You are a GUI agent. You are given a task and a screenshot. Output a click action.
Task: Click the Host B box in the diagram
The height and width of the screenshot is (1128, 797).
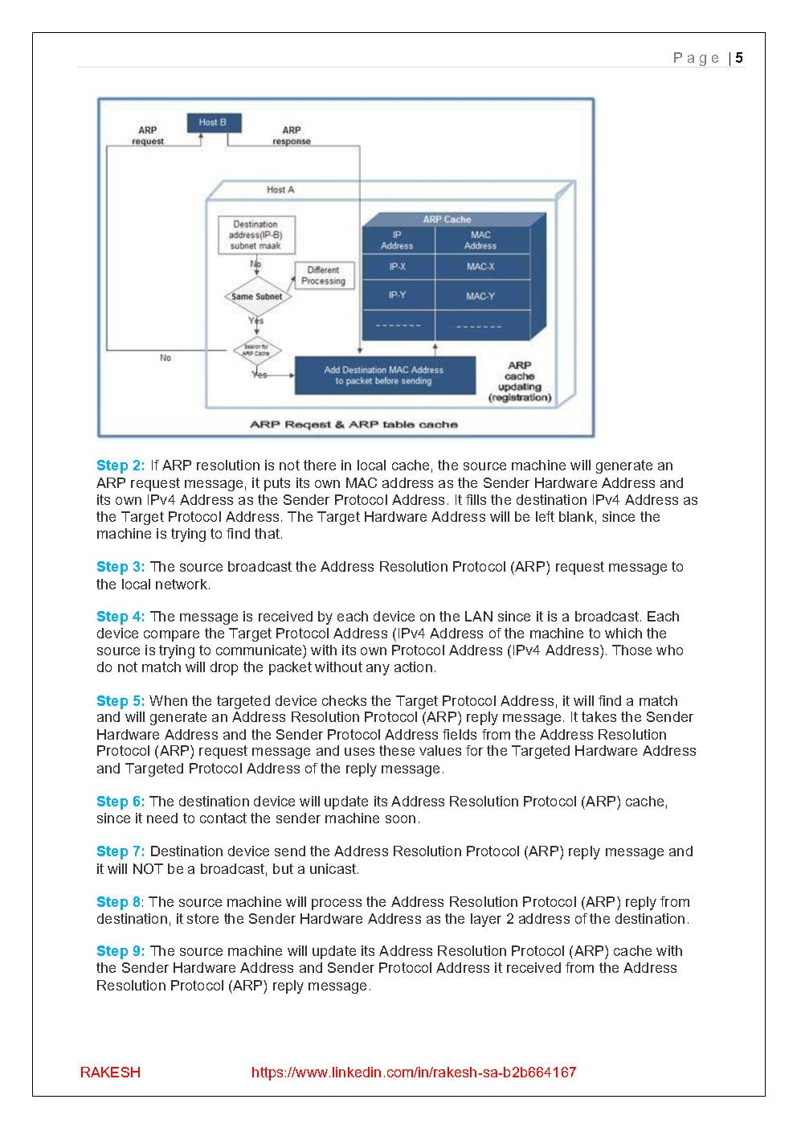[214, 122]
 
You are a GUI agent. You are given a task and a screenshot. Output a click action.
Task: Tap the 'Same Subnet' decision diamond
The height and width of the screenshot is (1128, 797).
[256, 297]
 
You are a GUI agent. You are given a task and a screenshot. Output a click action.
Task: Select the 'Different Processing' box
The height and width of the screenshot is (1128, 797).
[323, 276]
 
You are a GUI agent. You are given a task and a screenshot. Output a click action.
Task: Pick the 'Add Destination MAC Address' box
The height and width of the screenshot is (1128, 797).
[383, 375]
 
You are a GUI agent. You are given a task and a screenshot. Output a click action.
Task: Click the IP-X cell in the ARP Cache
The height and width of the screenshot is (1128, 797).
[397, 266]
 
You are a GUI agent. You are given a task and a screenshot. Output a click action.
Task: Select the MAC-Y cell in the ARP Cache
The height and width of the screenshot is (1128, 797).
[480, 296]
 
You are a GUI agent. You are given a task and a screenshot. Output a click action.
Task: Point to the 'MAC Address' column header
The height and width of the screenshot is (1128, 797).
[480, 240]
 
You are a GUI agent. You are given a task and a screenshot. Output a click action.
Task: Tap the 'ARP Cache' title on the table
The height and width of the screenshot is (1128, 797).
[447, 219]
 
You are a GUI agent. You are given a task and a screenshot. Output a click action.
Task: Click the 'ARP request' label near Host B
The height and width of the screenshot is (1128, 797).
[148, 135]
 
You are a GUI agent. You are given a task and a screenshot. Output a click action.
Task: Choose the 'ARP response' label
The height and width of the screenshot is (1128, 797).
[292, 135]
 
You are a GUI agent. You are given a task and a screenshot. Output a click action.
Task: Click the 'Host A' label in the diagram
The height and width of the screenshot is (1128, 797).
[280, 190]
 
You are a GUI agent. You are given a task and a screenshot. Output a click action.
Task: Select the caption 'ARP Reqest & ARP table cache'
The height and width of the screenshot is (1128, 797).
[354, 425]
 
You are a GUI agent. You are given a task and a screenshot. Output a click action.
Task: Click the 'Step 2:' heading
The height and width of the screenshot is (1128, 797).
[121, 466]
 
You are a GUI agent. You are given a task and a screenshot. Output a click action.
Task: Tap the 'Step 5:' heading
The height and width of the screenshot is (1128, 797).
[121, 701]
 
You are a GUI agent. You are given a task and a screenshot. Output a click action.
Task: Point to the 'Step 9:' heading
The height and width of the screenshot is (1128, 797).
[121, 951]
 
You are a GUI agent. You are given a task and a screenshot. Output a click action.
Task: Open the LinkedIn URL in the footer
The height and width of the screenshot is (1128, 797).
[413, 1072]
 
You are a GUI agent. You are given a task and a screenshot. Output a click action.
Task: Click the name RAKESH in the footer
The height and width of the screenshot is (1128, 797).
[110, 1072]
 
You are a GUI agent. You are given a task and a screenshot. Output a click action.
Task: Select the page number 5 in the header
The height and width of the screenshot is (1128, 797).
[739, 58]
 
